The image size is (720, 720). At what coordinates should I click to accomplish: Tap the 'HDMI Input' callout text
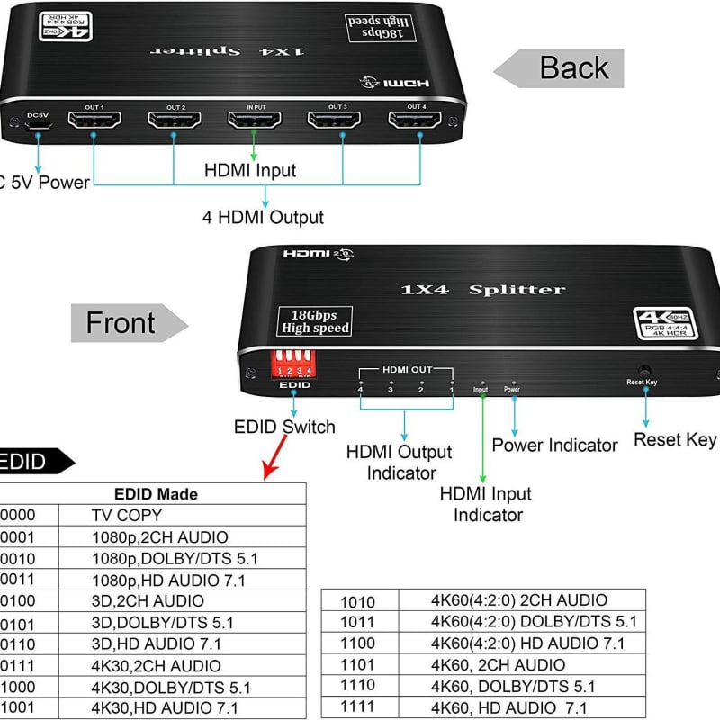click(250, 170)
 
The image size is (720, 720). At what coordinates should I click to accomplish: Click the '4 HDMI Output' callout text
click(264, 217)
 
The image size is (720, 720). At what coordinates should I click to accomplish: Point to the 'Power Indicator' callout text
click(554, 445)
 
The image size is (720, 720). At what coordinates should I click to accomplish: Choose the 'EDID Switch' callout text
click(284, 427)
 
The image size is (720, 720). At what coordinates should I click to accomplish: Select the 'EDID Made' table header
click(156, 494)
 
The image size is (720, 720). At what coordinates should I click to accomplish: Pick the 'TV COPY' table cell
click(127, 516)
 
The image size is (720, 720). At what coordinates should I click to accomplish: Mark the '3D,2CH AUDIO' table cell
click(148, 601)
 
